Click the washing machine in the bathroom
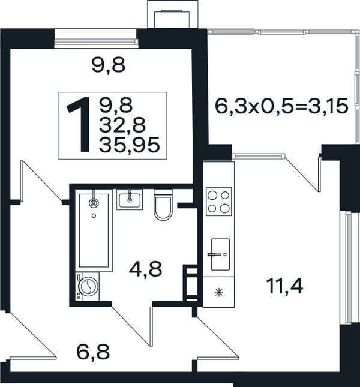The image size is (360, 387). pos(88,286)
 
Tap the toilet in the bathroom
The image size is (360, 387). pos(163,205)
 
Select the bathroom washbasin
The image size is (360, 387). pos(130,200)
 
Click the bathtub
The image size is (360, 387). pos(94,230)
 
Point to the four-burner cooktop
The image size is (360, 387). pos(219,202)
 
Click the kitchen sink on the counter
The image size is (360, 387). pos(220,254)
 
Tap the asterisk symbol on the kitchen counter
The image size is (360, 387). pos(218,293)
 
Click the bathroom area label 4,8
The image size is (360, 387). pos(146,269)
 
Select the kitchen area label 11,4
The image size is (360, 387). pos(285,286)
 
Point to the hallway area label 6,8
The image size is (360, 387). pos(93,352)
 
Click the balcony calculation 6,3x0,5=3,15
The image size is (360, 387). pos(281,106)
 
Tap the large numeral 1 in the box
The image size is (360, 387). pos(79,124)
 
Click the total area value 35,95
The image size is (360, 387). pos(130,145)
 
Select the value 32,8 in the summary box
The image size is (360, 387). pos(122,125)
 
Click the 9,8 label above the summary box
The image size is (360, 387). pos(109,65)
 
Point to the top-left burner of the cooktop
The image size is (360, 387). pos(212,195)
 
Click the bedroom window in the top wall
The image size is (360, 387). pos(96,39)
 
